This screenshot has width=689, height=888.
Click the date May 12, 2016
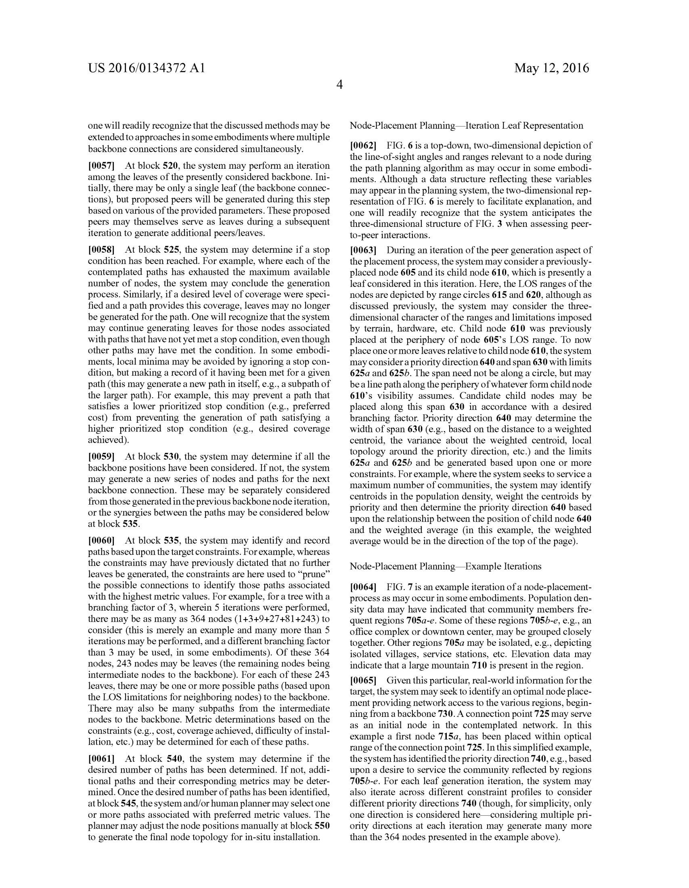[551, 68]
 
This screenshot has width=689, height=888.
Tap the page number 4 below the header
[339, 85]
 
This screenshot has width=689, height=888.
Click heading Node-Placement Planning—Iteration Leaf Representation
[466, 126]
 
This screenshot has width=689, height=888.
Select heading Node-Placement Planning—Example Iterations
[446, 566]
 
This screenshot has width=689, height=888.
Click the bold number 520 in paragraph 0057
[170, 166]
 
